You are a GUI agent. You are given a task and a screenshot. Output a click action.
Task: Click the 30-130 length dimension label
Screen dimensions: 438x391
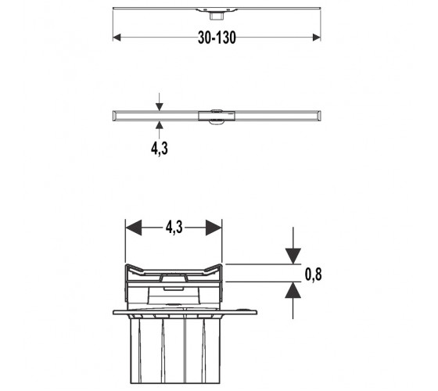(x=217, y=38)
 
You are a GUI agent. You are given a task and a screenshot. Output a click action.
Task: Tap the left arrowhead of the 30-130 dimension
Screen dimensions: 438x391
(x=117, y=38)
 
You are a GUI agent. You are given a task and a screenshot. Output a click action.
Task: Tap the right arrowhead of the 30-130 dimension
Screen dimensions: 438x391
(x=317, y=38)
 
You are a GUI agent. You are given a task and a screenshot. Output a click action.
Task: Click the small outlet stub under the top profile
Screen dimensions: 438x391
(x=216, y=16)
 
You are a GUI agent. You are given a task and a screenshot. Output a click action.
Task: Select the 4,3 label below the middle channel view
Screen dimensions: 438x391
(x=160, y=149)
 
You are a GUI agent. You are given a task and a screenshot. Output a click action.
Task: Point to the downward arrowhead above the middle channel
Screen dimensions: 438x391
(x=160, y=106)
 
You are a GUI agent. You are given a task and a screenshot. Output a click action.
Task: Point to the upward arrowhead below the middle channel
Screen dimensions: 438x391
(x=160, y=125)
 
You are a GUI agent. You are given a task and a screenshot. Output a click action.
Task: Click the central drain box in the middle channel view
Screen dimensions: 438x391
(x=217, y=116)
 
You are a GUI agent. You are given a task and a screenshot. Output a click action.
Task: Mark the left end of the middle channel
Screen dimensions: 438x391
(x=113, y=116)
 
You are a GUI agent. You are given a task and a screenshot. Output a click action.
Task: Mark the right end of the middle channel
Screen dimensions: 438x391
(x=320, y=116)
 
